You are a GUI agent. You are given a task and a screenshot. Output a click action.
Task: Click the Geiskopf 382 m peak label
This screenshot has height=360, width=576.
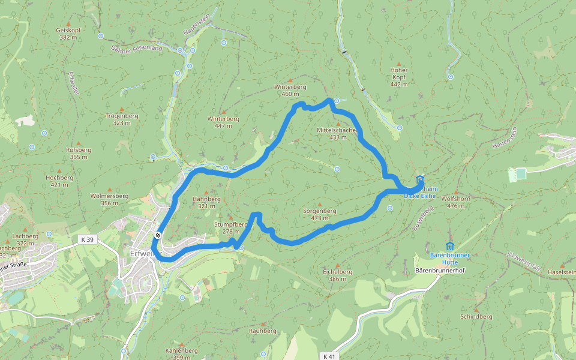pos(68,34)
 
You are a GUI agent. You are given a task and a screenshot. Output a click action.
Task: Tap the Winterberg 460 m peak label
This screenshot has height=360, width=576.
pos(290,90)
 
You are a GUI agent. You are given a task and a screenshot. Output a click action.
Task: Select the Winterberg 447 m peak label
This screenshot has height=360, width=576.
pos(223,122)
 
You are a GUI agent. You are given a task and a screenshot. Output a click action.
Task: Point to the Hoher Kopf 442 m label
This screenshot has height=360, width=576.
pos(398,77)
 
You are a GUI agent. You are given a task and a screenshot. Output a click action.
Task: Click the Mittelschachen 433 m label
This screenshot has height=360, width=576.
pos(338,133)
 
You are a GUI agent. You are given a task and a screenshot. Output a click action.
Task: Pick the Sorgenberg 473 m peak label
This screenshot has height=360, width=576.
pos(319,214)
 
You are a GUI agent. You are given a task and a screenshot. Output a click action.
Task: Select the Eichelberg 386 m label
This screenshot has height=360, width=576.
pos(338,275)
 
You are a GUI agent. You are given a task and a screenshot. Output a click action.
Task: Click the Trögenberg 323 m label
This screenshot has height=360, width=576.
pos(121,119)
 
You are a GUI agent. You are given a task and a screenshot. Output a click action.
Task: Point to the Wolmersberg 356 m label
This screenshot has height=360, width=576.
pos(109,199)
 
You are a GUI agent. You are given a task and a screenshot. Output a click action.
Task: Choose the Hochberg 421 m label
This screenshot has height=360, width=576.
pos(59,181)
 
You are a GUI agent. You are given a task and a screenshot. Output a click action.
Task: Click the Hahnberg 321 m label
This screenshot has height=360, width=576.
pos(206,202)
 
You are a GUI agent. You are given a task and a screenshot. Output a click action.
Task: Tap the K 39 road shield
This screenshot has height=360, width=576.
pos(88,239)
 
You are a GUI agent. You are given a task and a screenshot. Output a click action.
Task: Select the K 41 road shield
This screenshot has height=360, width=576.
pos(329,356)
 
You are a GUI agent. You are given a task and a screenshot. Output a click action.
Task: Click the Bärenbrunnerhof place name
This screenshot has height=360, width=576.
pos(440,271)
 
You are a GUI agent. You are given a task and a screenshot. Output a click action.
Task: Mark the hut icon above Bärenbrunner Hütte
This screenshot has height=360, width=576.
pos(450,245)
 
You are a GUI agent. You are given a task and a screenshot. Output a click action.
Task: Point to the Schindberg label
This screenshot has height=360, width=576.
pos(476,316)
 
